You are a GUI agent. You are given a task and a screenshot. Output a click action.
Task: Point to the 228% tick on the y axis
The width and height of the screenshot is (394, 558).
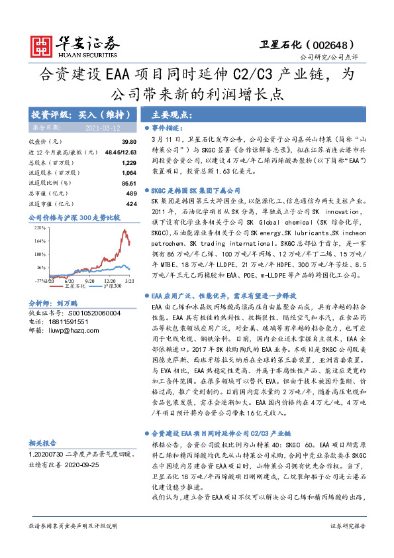(39, 227)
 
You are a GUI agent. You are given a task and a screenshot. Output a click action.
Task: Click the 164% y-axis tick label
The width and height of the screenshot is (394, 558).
(39, 241)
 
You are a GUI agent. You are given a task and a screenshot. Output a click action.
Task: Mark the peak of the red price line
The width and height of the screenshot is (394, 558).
(124, 231)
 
